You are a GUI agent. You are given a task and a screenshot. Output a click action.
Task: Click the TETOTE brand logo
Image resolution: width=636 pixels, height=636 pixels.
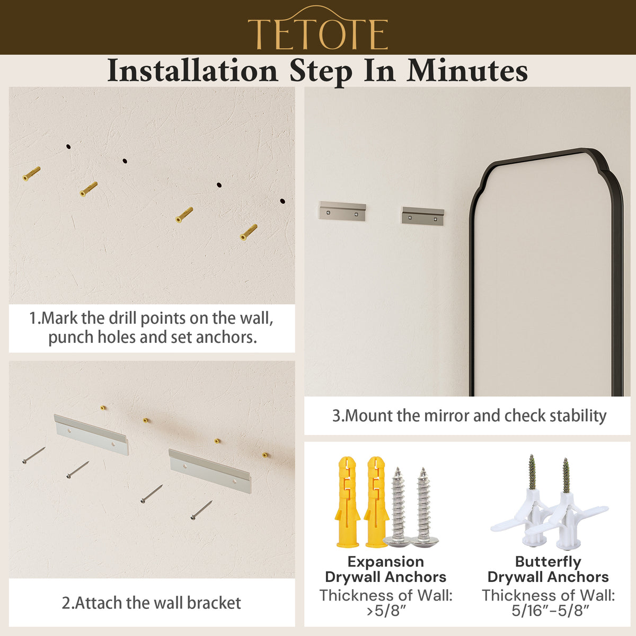click(318, 28)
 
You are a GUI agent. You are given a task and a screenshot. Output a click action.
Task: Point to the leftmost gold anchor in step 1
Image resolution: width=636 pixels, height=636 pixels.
click(31, 174)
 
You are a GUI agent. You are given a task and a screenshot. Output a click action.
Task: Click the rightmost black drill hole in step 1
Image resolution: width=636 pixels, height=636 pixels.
click(282, 201)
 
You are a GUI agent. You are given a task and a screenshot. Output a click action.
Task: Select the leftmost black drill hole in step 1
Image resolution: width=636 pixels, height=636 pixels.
click(68, 146)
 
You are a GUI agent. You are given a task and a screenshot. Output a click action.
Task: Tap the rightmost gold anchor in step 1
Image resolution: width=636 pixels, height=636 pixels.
click(249, 232)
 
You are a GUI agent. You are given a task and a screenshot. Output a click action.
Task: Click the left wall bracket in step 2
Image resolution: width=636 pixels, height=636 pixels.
click(91, 435)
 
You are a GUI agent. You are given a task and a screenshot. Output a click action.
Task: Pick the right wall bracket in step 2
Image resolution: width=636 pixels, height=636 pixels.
click(210, 471)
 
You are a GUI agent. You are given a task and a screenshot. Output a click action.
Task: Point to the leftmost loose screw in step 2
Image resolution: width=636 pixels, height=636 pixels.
click(34, 455)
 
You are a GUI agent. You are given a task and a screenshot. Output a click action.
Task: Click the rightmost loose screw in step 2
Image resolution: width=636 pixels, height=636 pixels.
click(201, 510)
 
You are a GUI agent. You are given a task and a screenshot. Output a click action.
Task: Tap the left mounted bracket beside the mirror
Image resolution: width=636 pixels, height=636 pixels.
click(342, 210)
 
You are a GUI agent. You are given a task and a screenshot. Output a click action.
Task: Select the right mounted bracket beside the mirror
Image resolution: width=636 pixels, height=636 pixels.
click(423, 216)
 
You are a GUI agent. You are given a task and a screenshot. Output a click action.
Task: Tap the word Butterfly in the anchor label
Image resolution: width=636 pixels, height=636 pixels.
click(548, 561)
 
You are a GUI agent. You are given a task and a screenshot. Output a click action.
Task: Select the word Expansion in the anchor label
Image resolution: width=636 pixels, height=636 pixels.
click(385, 561)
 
